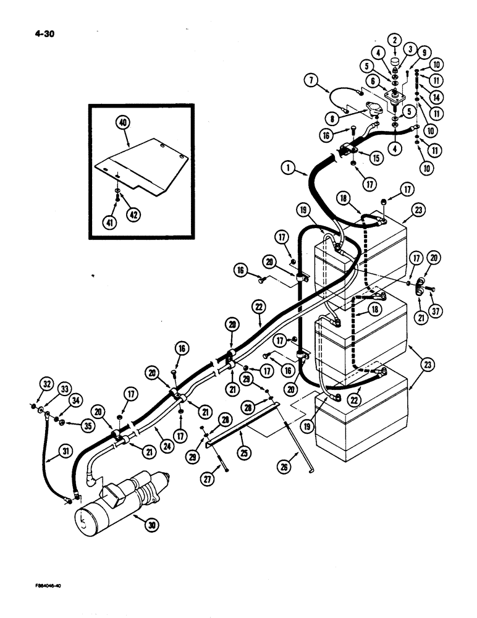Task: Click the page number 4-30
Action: tap(45, 35)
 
